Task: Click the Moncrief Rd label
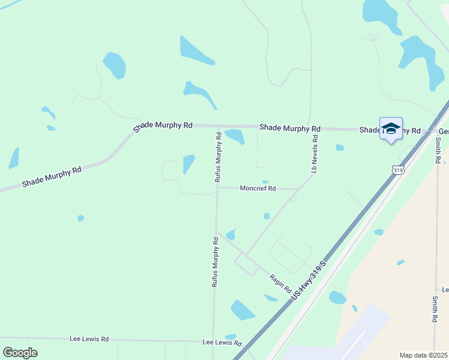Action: point(258,188)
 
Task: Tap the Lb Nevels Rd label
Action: point(314,154)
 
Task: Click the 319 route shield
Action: point(397,170)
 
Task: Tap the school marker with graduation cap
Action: point(391,129)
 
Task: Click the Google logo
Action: point(20,353)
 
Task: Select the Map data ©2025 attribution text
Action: point(423,355)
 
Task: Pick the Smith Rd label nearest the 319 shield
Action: point(439,150)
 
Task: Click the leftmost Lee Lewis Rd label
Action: point(88,339)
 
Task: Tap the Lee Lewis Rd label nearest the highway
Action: point(221,343)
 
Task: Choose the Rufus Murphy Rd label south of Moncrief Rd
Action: point(214,262)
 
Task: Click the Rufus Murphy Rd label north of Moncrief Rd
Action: point(218,157)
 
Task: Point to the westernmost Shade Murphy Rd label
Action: point(52,177)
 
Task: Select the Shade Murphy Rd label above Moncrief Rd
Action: point(290,128)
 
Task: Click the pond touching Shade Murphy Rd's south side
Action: point(235,136)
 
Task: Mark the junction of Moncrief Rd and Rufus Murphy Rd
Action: point(217,187)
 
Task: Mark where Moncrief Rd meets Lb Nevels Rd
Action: point(298,189)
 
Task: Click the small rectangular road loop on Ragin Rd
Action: point(246,264)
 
